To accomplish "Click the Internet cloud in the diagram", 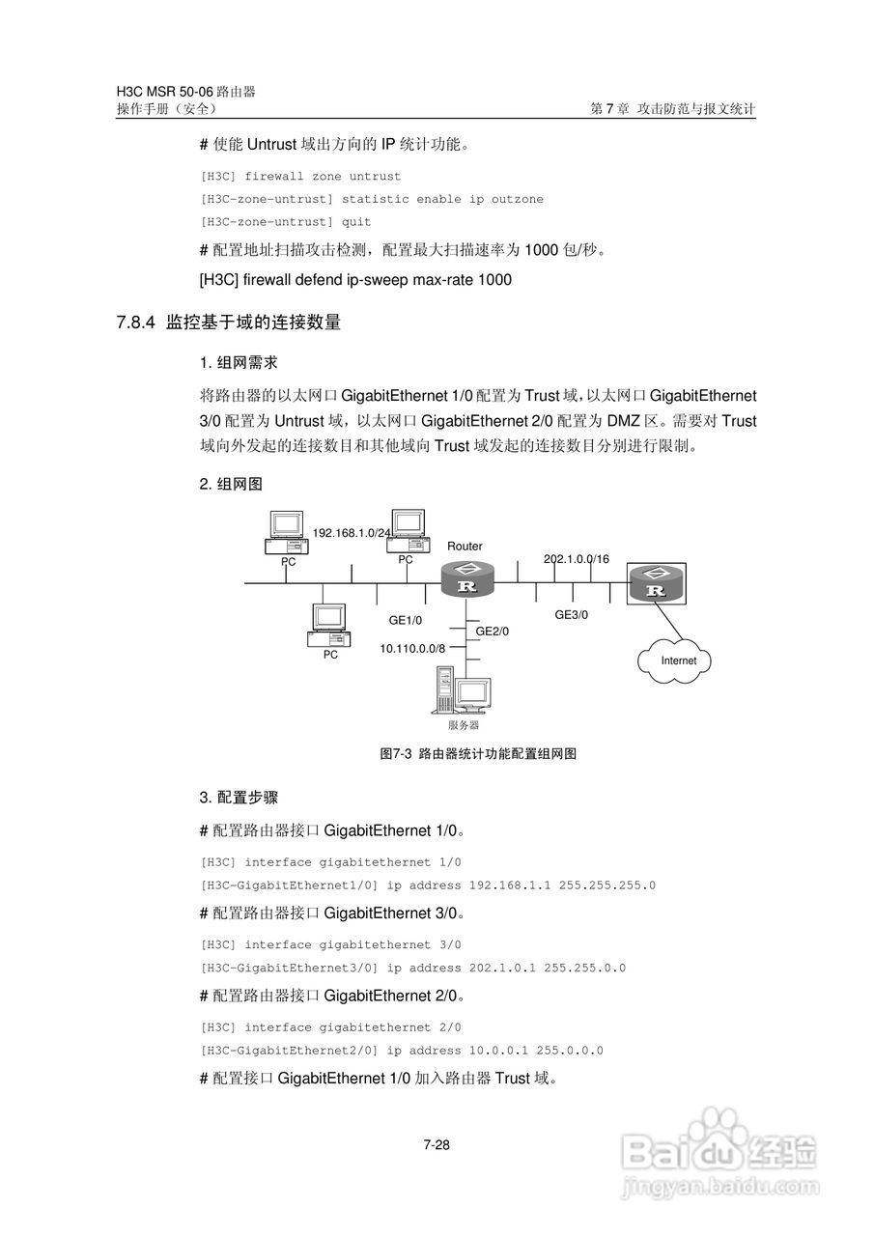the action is click(x=678, y=660).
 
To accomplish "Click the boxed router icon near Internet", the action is click(x=658, y=583).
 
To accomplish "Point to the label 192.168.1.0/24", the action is click(x=352, y=532).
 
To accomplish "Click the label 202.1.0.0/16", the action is click(x=577, y=559).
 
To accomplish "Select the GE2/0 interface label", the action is click(x=492, y=631).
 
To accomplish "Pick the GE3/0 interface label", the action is click(x=571, y=613).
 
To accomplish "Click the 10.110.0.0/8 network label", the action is click(x=412, y=649).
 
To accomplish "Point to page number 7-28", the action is click(x=437, y=1146).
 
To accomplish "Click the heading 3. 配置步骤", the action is click(x=239, y=798).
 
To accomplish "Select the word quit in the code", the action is click(x=356, y=222).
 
